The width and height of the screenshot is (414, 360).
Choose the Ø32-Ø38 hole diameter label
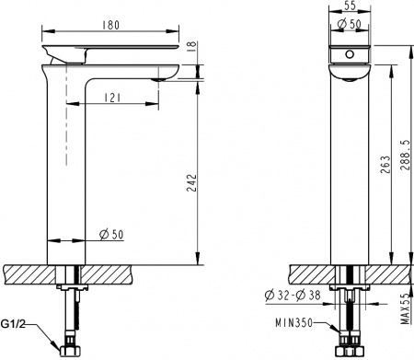tap(292, 296)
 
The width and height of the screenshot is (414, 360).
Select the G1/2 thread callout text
tap(17, 325)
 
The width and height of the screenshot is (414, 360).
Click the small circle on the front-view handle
tap(348, 55)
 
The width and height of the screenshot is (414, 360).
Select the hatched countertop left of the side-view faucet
tap(28, 274)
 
